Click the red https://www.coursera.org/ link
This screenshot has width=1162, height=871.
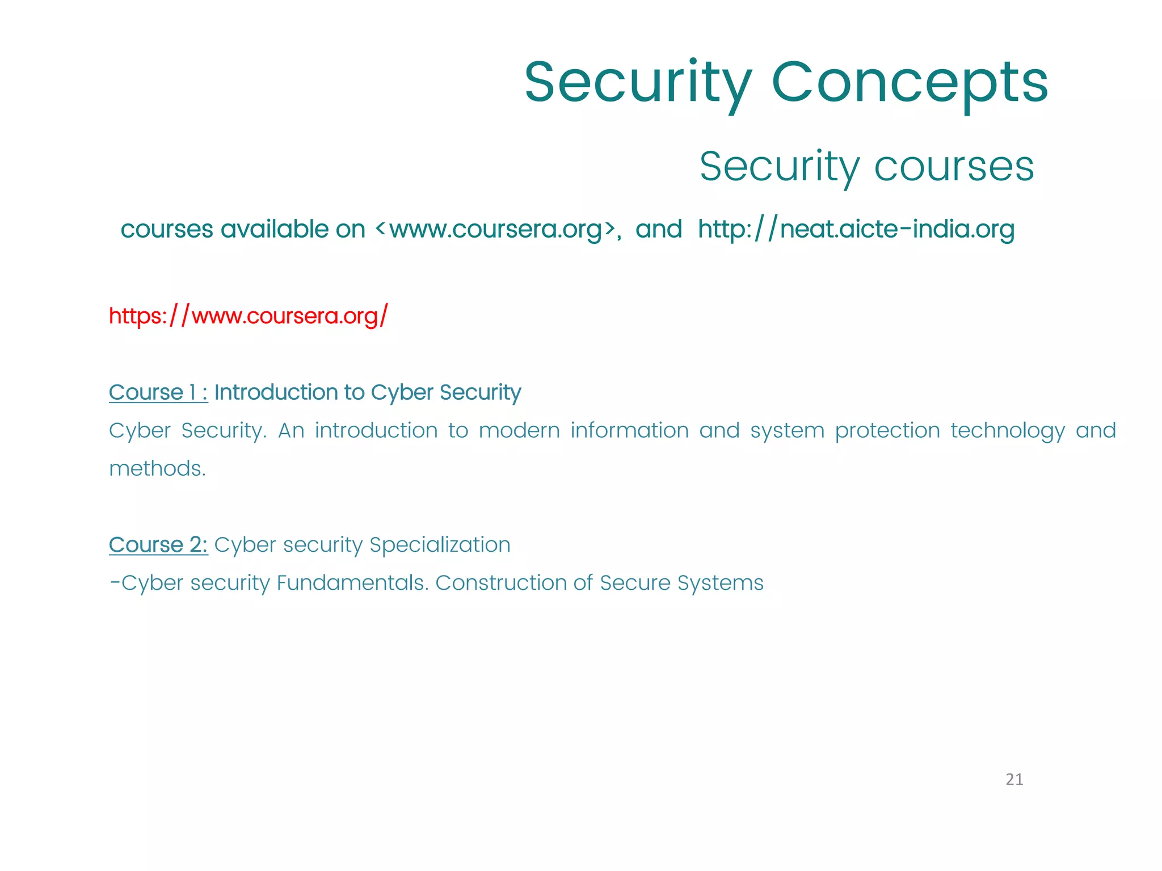pos(249,315)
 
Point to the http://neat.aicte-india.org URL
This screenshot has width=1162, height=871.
pos(856,229)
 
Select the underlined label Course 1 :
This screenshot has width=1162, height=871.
pos(158,392)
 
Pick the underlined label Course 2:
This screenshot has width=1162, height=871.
pos(158,544)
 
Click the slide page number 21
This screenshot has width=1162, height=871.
pos(1014,780)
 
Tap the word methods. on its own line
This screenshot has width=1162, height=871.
pos(157,469)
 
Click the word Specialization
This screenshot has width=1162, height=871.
pos(440,545)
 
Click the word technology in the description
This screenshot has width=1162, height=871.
pos(1008,431)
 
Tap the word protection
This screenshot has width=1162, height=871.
pos(887,431)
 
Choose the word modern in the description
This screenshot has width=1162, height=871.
pos(519,431)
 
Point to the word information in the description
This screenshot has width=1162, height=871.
pos(629,431)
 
